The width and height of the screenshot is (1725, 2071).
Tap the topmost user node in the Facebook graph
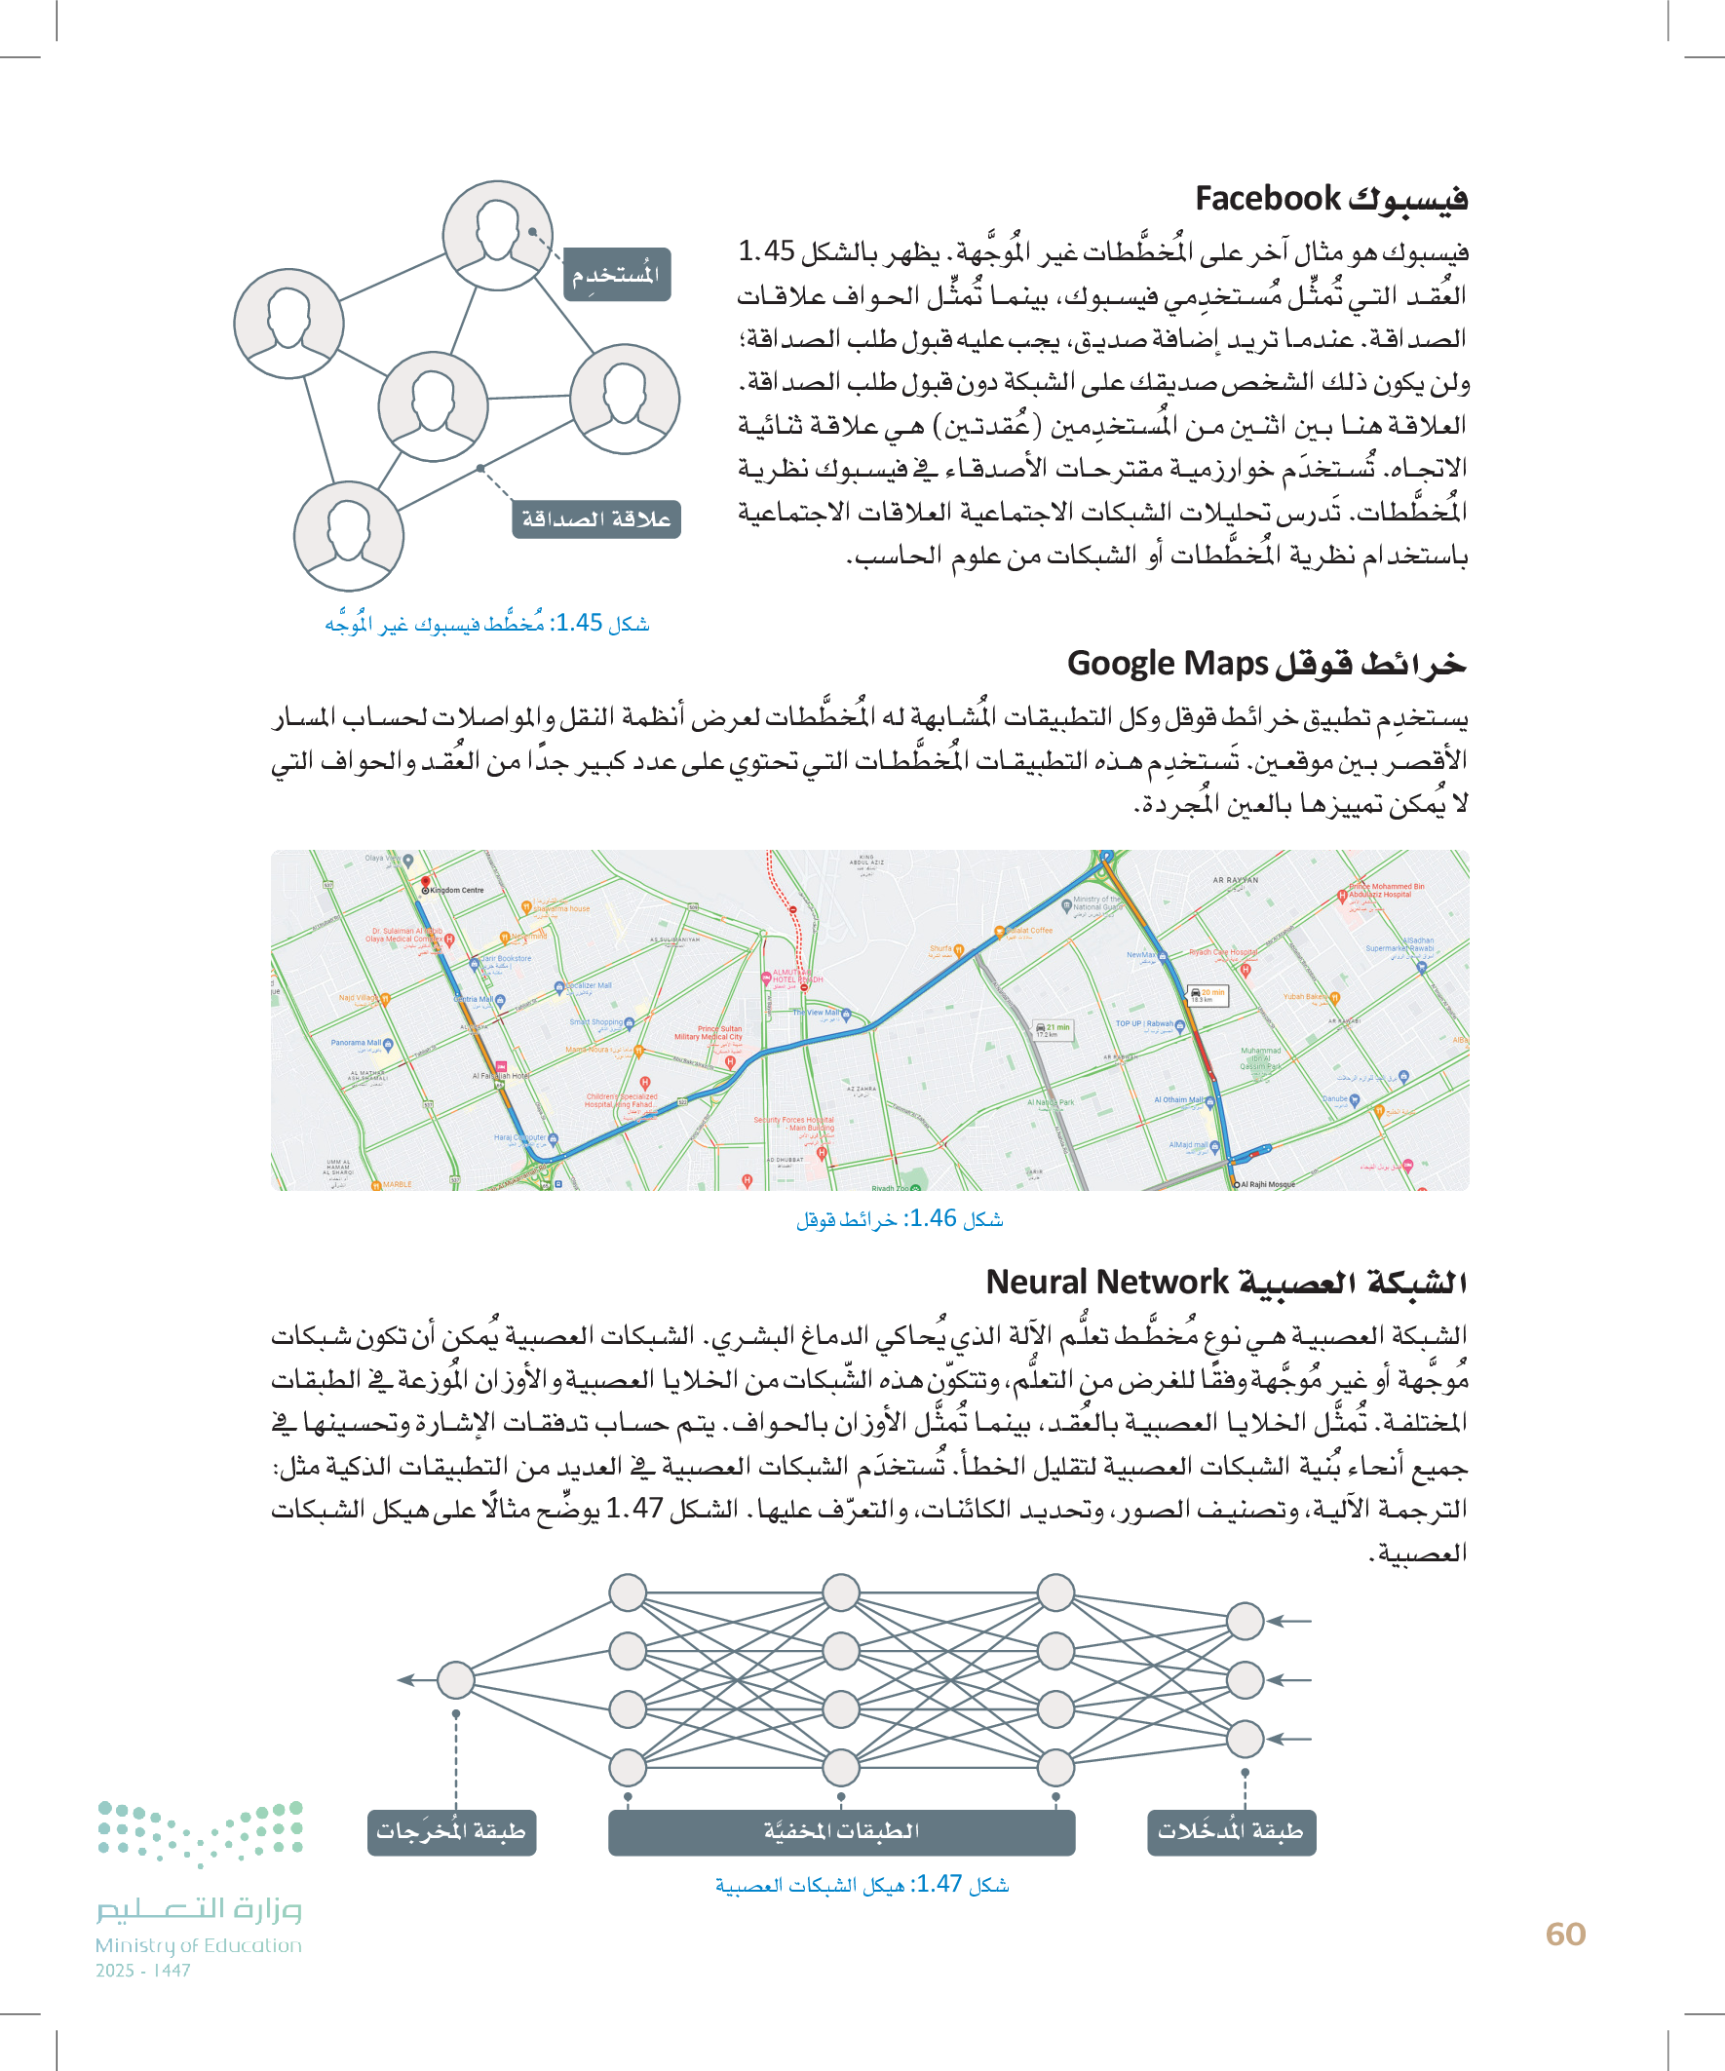pos(497,235)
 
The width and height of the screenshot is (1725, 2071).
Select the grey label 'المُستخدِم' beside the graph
pos(615,274)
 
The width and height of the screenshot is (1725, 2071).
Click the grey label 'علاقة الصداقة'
pos(595,518)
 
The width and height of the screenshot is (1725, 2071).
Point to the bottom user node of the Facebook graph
pos(348,535)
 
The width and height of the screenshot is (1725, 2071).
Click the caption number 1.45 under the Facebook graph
pos(579,624)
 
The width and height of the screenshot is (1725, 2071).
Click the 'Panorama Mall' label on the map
pos(356,1043)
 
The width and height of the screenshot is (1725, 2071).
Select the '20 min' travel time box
pos(1209,995)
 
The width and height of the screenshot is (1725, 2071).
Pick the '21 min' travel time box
pos(1054,1029)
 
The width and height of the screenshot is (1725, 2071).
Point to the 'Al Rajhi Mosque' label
pos(1268,1184)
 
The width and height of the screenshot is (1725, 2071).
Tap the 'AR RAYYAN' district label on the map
pos(1235,880)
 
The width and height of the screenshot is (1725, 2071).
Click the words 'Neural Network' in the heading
pos(1106,1282)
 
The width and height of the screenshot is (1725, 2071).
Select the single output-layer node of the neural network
pos(456,1679)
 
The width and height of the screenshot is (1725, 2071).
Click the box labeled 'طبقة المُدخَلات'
pos(1231,1832)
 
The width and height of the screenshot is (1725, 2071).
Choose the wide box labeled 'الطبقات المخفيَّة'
pos(841,1832)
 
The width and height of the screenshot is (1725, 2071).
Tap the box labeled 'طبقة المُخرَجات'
pos(451,1832)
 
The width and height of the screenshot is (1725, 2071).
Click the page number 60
pos(1565,1934)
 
